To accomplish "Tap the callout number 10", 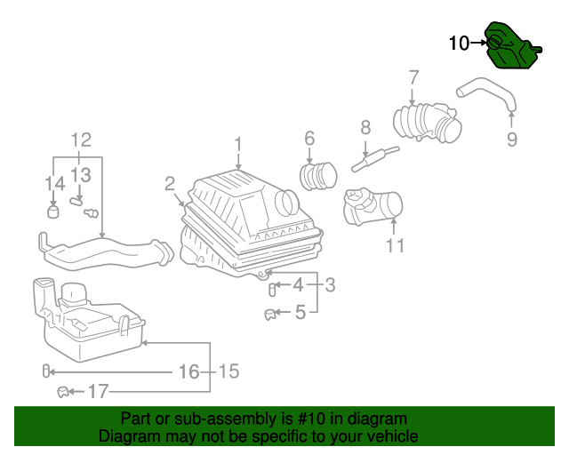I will [x=459, y=43].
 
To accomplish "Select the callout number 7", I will [x=413, y=76].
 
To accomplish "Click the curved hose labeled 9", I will [x=485, y=92].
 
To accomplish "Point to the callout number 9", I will [x=512, y=139].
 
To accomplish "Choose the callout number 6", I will [x=309, y=138].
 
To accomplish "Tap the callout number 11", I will [x=395, y=246].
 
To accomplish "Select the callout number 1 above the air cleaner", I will [x=238, y=144].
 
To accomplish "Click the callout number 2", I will [x=169, y=184].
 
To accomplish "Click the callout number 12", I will [x=81, y=140].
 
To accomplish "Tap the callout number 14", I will [x=55, y=183].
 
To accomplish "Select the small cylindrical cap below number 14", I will [x=53, y=212].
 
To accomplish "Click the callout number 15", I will [x=228, y=371].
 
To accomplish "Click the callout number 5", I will [x=300, y=312].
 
